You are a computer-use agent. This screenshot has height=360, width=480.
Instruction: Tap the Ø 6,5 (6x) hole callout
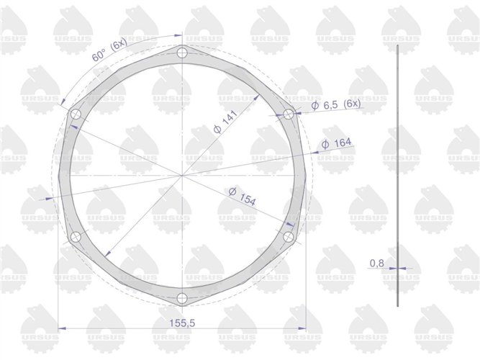(x=335, y=105)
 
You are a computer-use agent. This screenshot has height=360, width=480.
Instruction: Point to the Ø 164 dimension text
(x=336, y=144)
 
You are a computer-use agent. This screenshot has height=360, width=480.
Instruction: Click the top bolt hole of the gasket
(x=182, y=53)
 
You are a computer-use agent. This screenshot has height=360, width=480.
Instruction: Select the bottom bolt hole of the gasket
(x=182, y=297)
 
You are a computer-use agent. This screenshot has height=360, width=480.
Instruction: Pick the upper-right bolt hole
(x=289, y=114)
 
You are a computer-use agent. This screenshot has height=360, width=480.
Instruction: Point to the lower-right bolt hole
(x=289, y=236)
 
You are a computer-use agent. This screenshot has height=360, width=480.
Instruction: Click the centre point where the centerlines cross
(x=182, y=175)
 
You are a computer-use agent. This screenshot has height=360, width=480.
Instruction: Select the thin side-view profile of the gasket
(x=398, y=173)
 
